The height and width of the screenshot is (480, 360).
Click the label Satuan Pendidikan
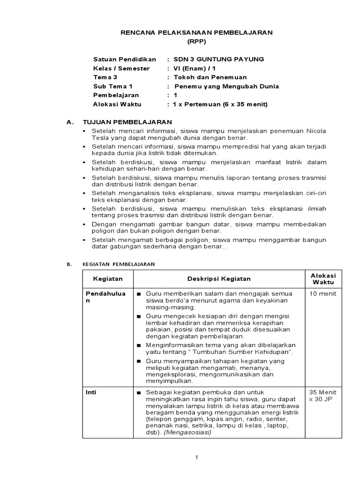click(124, 59)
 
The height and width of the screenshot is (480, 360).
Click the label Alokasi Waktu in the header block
click(117, 104)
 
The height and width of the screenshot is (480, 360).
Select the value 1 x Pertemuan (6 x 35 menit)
click(220, 104)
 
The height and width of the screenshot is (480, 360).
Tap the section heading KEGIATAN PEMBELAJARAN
click(118, 264)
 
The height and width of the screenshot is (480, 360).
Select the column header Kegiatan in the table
click(108, 278)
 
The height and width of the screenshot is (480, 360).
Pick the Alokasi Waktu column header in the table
click(324, 278)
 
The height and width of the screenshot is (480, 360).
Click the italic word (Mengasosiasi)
click(187, 433)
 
